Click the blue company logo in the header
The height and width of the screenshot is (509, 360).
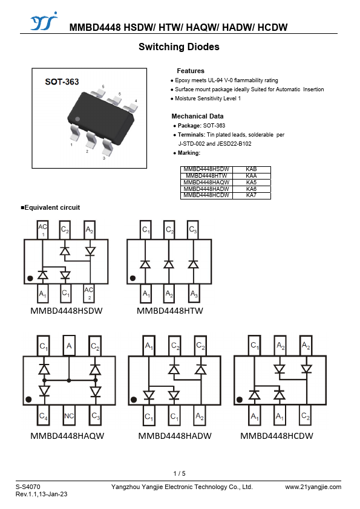coord(44,21)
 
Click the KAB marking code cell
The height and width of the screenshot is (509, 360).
coord(252,169)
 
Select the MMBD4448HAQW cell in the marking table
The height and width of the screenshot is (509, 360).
coord(206,183)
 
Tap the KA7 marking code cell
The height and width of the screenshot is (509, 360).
coord(252,195)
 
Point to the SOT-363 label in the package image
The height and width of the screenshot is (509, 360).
coord(62,82)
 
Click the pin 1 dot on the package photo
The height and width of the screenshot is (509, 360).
coord(77,119)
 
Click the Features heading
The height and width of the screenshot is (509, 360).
coord(191,71)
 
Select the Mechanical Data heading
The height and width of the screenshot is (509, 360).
coord(197,116)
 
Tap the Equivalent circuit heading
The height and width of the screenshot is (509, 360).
coord(50,207)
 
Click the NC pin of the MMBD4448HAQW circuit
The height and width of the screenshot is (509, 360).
coord(69,415)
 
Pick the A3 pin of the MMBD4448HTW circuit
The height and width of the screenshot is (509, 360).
coord(194,294)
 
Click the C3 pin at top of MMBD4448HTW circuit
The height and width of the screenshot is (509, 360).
coord(192,230)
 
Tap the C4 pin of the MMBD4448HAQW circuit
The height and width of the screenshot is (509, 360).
coord(43,415)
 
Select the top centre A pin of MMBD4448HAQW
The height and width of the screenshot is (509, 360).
coord(69,346)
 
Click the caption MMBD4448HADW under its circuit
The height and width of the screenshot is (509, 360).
coord(175,436)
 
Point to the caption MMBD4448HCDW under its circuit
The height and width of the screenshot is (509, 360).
coord(277,436)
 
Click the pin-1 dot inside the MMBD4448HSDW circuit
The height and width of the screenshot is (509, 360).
coord(30,278)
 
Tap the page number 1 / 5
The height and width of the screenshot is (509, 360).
coord(179,473)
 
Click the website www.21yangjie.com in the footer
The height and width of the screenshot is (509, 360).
coord(313,487)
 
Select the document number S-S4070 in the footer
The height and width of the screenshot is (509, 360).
coord(28,487)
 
